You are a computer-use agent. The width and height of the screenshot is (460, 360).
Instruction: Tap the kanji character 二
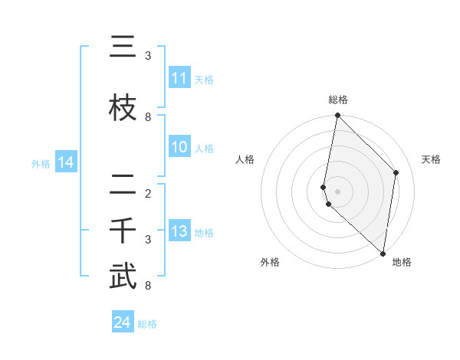click(x=123, y=185)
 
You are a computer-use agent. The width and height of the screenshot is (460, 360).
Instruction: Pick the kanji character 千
click(x=123, y=231)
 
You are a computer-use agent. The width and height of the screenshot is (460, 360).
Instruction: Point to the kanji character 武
click(x=123, y=277)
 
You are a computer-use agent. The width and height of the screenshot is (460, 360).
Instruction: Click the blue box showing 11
click(x=179, y=78)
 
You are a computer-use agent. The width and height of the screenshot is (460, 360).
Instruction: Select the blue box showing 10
click(x=179, y=148)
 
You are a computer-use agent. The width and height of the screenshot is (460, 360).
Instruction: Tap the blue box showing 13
click(x=179, y=232)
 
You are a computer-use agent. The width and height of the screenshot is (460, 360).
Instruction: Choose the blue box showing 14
click(x=66, y=162)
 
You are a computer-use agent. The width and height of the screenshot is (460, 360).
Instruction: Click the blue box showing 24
click(x=123, y=323)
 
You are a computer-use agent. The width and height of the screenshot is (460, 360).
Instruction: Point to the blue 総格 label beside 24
click(x=147, y=324)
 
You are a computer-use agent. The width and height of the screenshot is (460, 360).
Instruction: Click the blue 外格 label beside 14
click(x=41, y=163)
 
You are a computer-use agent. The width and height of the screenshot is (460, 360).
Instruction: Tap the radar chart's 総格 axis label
click(x=338, y=100)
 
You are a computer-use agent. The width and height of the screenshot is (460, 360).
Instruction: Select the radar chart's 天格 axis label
click(x=432, y=159)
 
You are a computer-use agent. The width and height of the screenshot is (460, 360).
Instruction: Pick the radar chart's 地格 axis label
click(x=402, y=262)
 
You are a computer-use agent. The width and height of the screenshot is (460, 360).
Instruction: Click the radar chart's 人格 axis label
click(x=245, y=159)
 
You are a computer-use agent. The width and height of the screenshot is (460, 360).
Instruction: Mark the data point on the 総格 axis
click(x=337, y=116)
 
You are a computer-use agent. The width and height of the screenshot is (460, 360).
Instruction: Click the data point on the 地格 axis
click(x=383, y=254)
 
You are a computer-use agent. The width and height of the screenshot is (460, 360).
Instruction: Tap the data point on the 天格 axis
click(x=396, y=172)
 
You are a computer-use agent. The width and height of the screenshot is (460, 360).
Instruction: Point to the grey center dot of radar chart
click(x=337, y=191)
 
